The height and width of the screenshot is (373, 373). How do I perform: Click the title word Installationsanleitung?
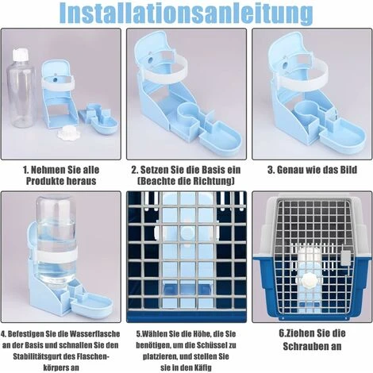(186, 13)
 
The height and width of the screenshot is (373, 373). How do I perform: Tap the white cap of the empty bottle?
(21, 55)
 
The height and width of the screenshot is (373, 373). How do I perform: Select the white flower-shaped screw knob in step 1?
(64, 132)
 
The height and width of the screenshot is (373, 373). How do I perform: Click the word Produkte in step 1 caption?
(44, 181)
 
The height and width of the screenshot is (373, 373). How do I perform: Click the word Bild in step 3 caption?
(348, 170)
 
